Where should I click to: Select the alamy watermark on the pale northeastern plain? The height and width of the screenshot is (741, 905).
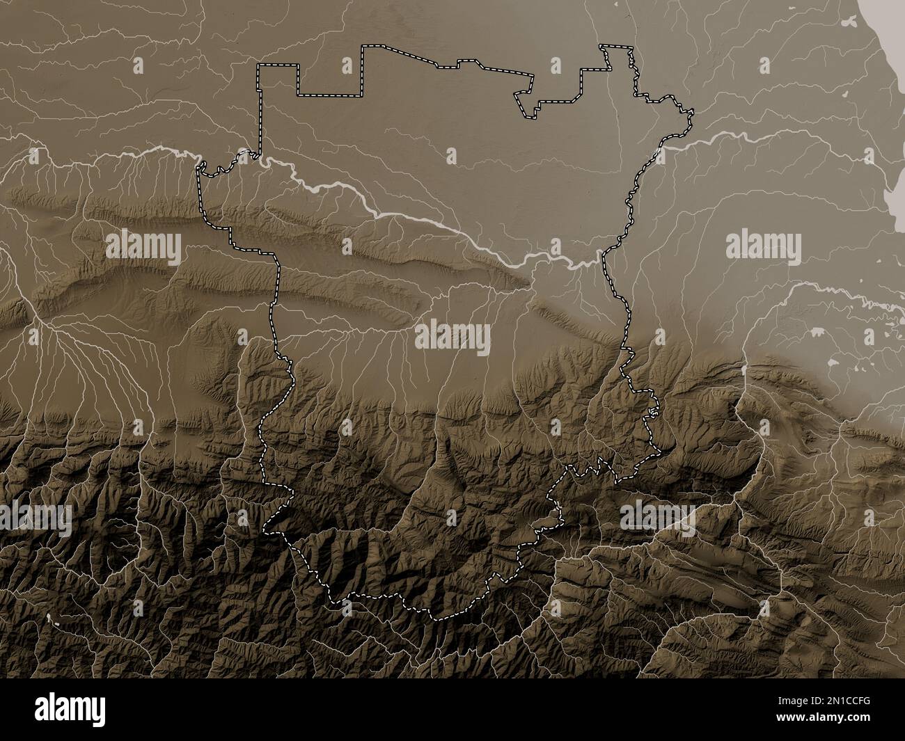pyautogui.click(x=763, y=246)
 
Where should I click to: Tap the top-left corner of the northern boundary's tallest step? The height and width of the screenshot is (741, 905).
pyautogui.click(x=362, y=47)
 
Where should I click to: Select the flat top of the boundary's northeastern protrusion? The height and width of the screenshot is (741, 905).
pyautogui.click(x=617, y=46)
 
